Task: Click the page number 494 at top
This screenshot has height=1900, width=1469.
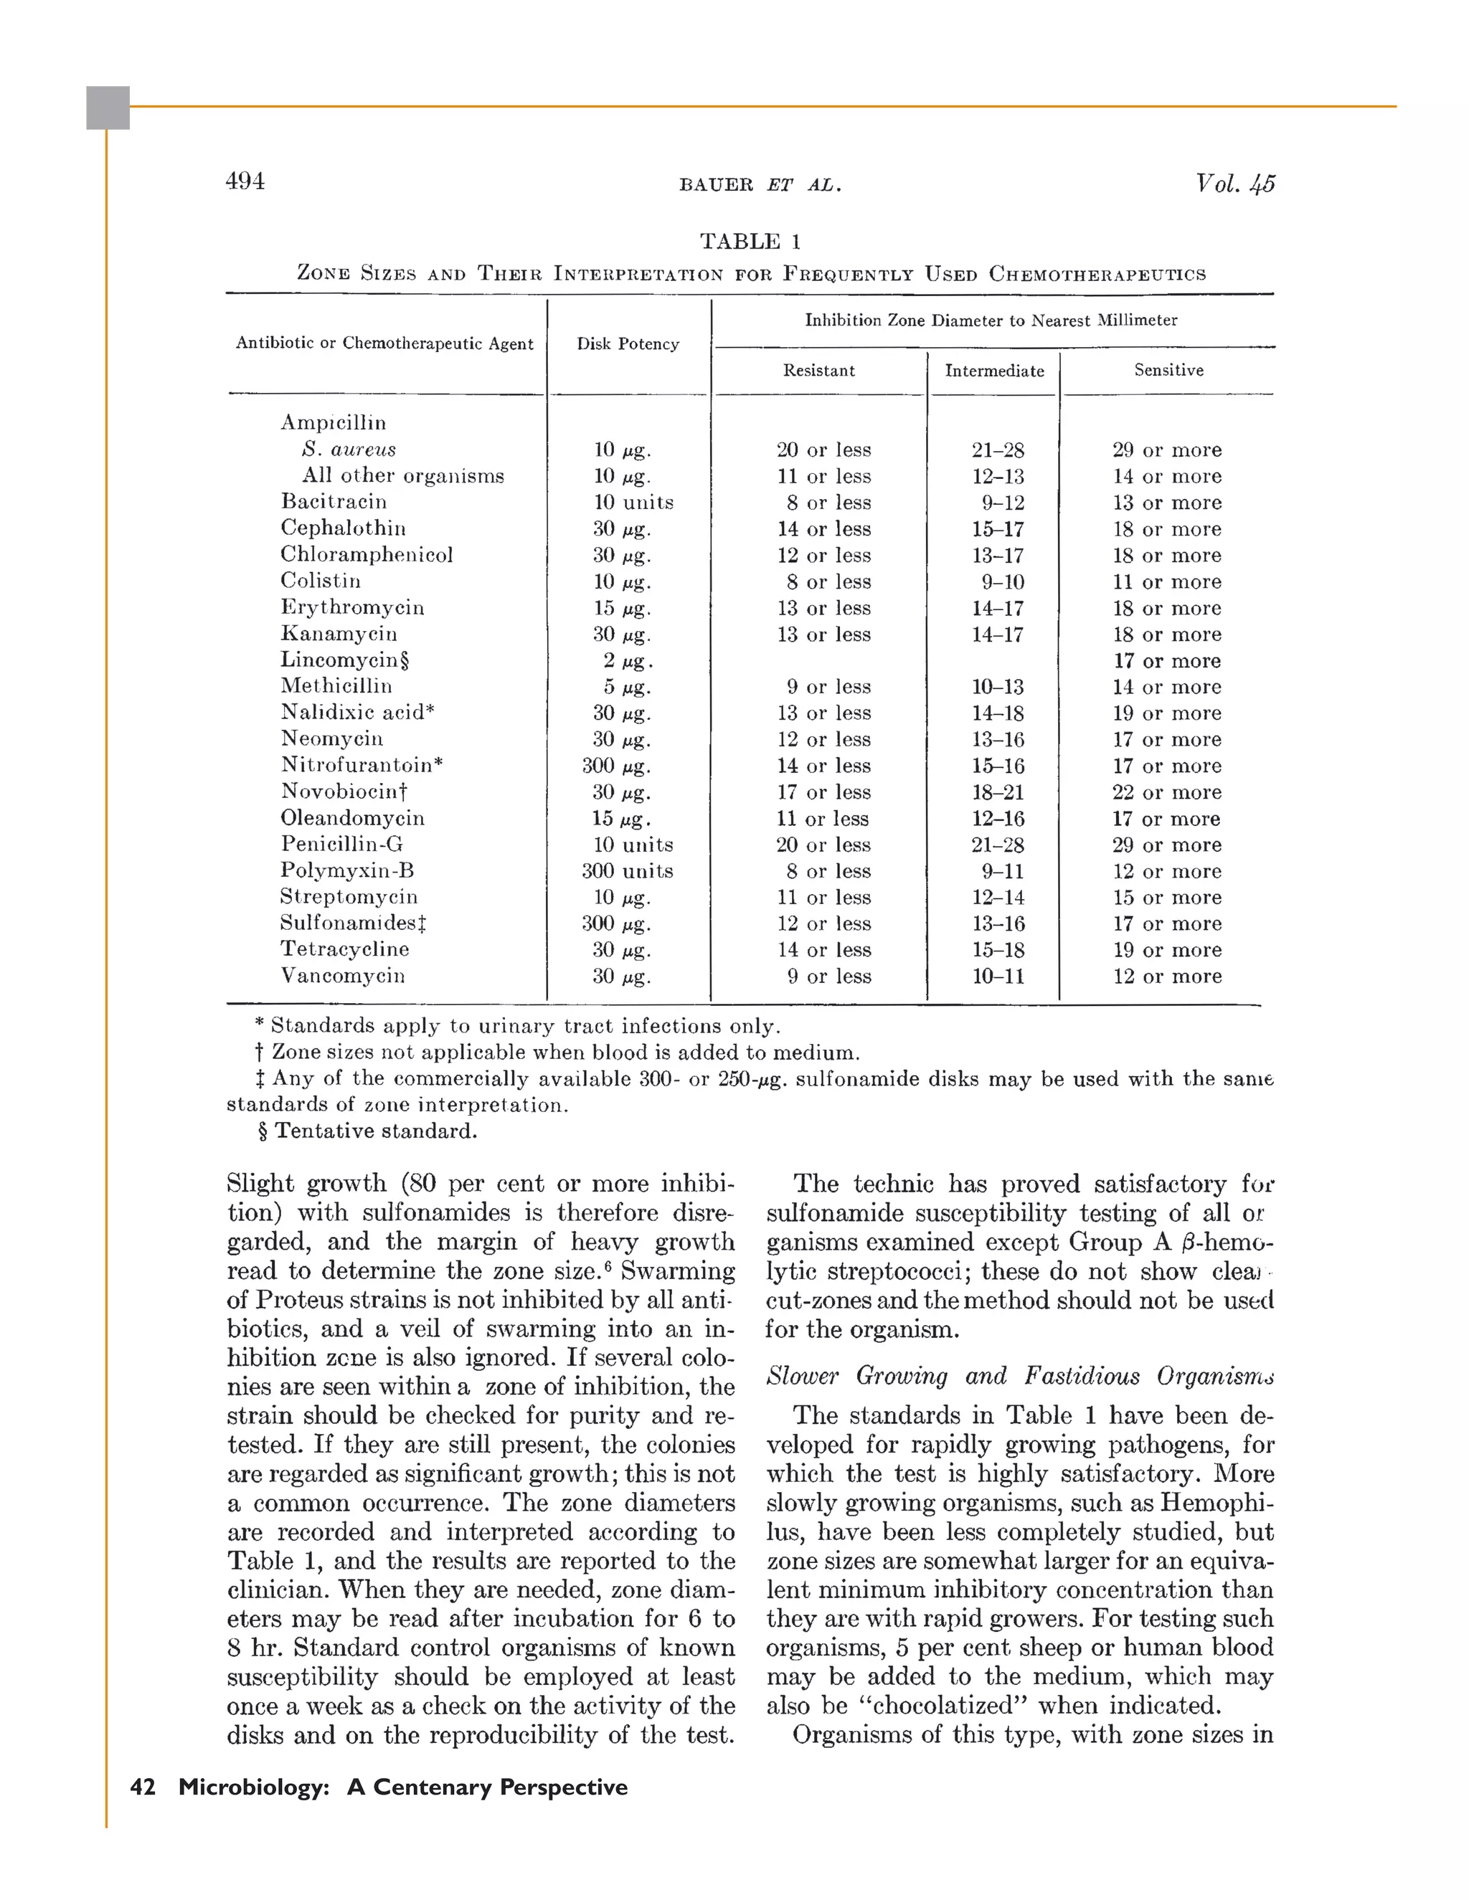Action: click(x=245, y=181)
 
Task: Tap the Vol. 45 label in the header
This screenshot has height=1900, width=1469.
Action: click(x=1234, y=184)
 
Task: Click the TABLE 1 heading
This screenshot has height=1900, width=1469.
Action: click(x=750, y=241)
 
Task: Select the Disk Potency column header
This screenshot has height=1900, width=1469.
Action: click(x=628, y=343)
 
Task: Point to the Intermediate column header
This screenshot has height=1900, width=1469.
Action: click(x=994, y=371)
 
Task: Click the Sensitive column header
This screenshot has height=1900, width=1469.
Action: click(x=1168, y=370)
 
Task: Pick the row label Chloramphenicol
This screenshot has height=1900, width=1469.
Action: click(x=367, y=555)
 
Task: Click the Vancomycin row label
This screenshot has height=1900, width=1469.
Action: click(x=342, y=976)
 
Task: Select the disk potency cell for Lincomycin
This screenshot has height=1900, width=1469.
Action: click(x=624, y=661)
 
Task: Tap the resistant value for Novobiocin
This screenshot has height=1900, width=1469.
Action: click(x=823, y=792)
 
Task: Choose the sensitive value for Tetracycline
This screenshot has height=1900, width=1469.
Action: click(x=1166, y=950)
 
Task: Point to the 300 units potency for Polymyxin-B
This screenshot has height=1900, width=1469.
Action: click(x=627, y=871)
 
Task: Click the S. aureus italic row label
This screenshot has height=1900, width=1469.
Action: click(x=348, y=450)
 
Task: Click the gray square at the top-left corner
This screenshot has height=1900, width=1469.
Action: click(x=108, y=108)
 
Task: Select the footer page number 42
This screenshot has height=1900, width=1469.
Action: click(x=143, y=1787)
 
